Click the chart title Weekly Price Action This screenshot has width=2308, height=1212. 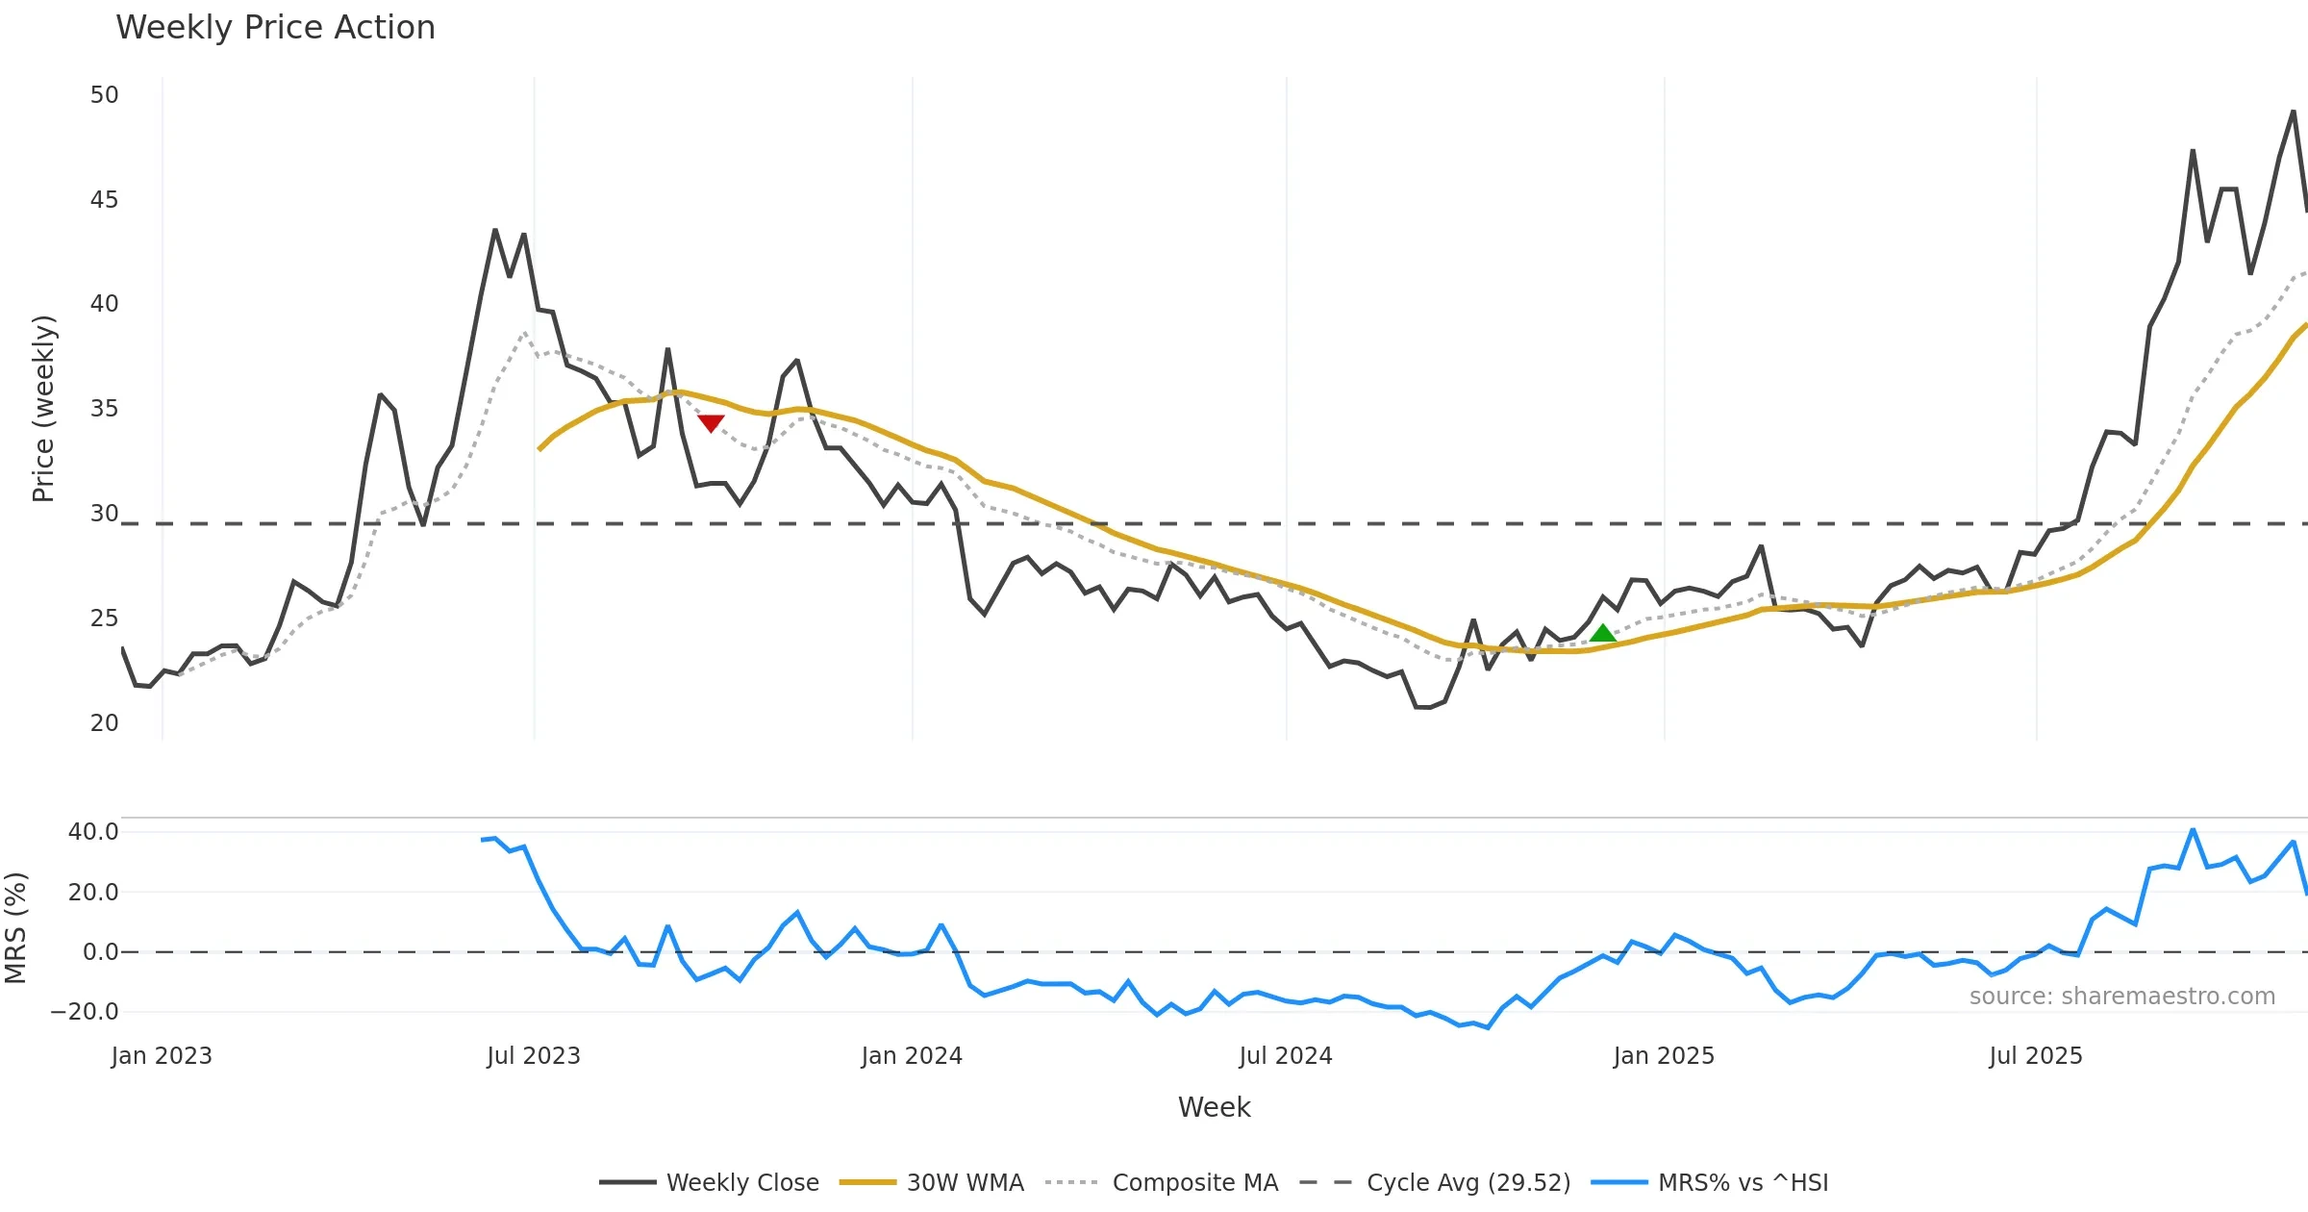tap(275, 28)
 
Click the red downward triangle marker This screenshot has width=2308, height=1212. tap(711, 423)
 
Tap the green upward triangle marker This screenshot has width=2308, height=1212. tap(1602, 633)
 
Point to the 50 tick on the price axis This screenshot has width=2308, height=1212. tap(104, 95)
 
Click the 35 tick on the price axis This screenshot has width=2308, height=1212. tap(104, 409)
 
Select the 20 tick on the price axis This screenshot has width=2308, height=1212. tap(104, 723)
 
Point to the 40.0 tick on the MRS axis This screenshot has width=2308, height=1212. tap(93, 832)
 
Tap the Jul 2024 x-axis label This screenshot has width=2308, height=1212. tap(1286, 1056)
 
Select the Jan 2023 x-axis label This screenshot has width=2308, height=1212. tap(162, 1056)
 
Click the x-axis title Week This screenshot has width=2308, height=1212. tap(1214, 1108)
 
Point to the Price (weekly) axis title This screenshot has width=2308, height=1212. tap(44, 409)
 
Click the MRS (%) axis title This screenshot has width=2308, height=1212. tap(16, 928)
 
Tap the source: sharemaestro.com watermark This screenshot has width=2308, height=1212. tap(2121, 997)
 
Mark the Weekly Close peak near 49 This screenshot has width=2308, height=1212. tap(2294, 112)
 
